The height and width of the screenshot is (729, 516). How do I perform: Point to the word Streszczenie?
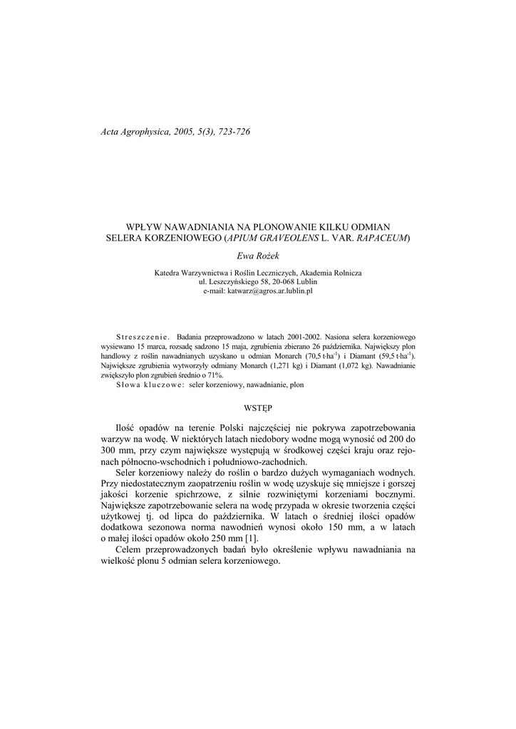coord(142,335)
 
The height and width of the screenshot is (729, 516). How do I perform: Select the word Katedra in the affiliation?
coord(168,273)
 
